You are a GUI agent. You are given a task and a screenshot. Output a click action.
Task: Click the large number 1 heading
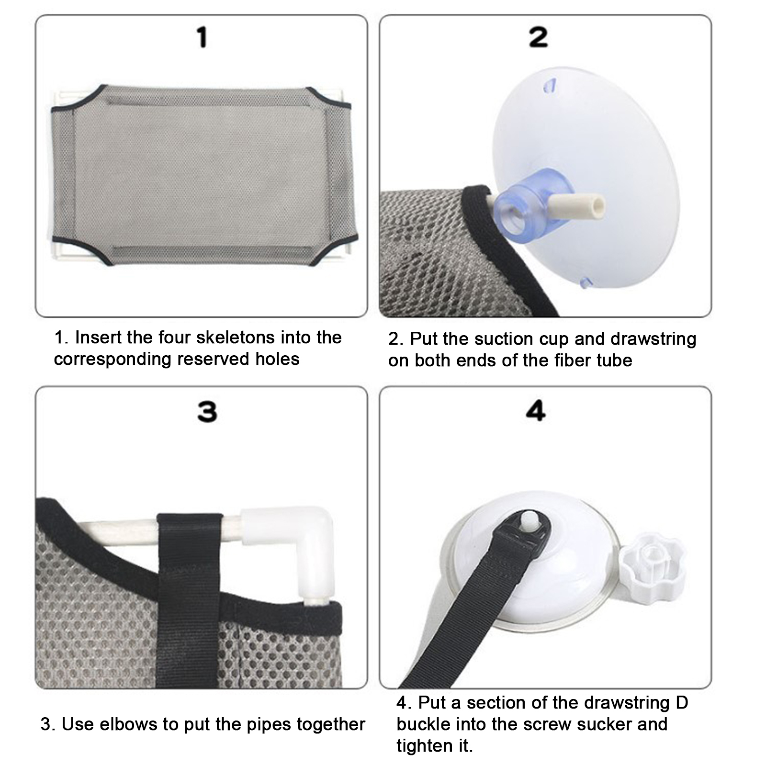pyautogui.click(x=203, y=37)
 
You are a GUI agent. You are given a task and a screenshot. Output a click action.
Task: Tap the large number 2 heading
pyautogui.click(x=539, y=37)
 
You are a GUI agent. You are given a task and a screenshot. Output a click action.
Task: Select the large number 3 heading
pyautogui.click(x=207, y=412)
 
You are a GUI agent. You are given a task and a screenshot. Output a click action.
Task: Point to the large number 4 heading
pyautogui.click(x=536, y=411)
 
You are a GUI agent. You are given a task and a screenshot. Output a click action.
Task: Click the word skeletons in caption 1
pyautogui.click(x=228, y=338)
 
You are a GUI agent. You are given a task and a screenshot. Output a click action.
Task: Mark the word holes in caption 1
pyautogui.click(x=277, y=359)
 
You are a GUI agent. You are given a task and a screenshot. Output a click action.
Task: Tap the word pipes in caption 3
pyautogui.click(x=270, y=725)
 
